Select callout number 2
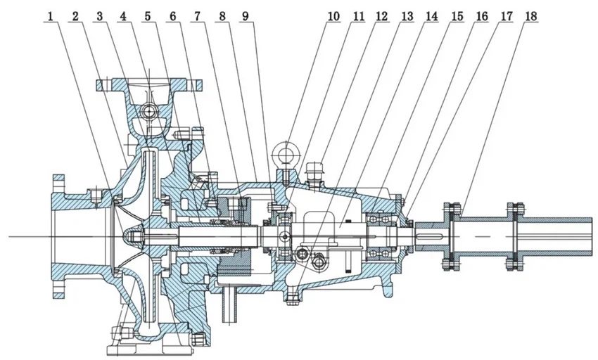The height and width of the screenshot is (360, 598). click(x=77, y=15)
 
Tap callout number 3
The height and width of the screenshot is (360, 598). click(x=101, y=15)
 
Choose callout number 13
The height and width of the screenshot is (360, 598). click(x=408, y=15)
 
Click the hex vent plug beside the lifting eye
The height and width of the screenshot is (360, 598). click(x=314, y=169)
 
